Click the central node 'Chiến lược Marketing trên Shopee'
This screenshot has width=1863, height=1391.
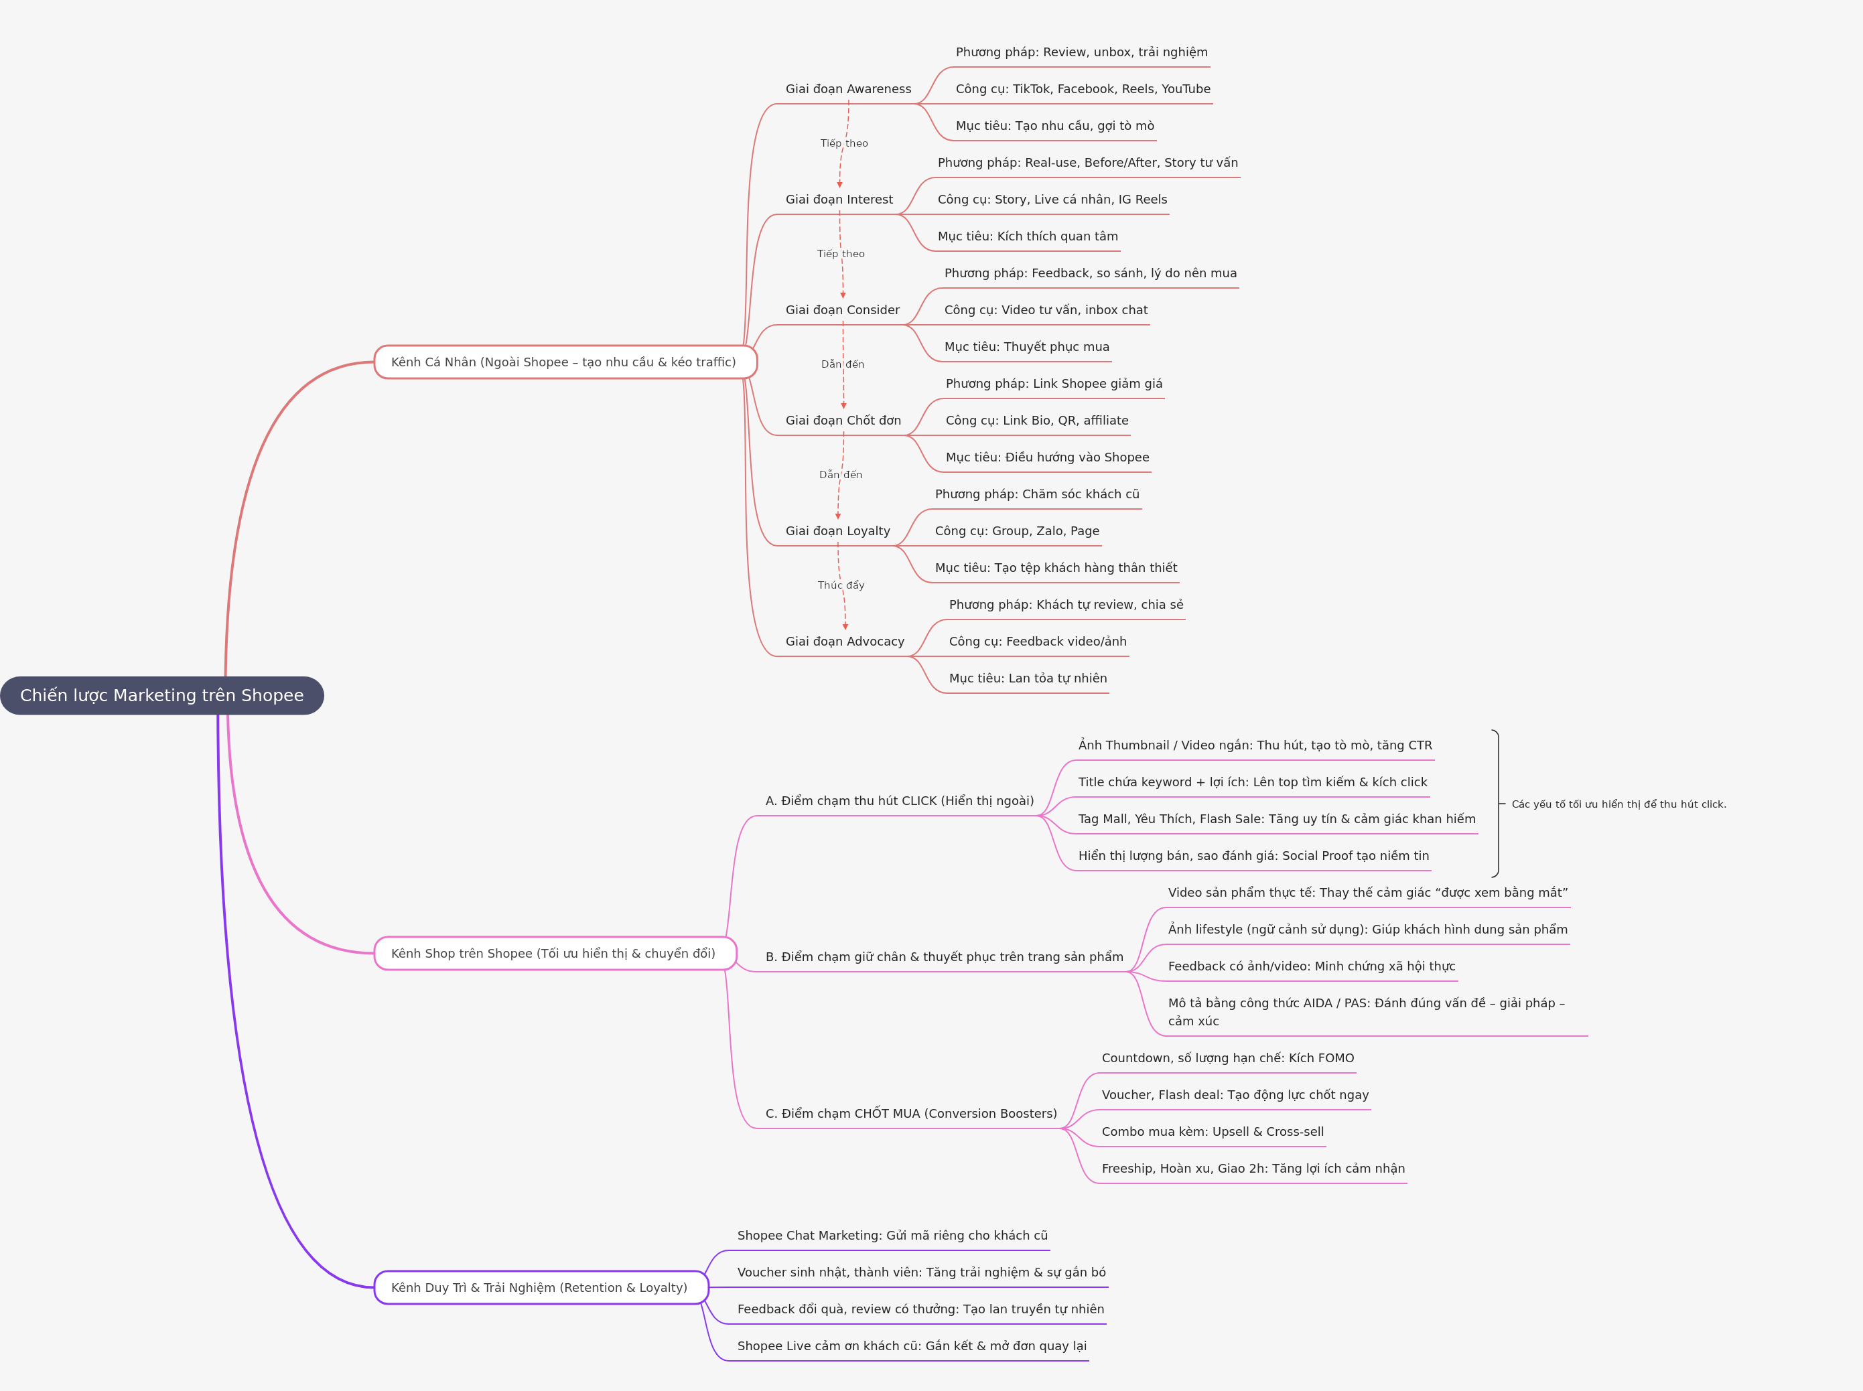point(161,695)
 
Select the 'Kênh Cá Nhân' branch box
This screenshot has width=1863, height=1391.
point(564,362)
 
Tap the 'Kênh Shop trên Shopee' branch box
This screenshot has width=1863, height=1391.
point(554,953)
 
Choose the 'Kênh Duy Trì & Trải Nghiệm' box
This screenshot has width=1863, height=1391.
point(540,1287)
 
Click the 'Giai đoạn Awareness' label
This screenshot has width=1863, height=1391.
point(848,89)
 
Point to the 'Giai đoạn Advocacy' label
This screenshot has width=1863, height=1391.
point(845,642)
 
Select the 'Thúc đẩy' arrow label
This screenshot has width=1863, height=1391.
point(841,585)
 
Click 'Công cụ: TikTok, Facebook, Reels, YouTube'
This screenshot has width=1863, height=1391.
point(1083,89)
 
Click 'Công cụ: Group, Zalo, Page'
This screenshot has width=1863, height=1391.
point(1016,531)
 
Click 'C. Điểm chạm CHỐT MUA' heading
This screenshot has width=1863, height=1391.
point(910,1113)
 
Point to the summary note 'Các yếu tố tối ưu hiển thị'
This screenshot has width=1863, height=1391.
point(1618,804)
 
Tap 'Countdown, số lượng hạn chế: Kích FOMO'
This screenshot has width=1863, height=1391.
point(1227,1058)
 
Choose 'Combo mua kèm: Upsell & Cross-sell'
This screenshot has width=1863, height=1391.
point(1212,1132)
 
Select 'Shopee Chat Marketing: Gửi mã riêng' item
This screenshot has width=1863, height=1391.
point(892,1235)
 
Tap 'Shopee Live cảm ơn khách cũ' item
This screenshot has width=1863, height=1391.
point(911,1345)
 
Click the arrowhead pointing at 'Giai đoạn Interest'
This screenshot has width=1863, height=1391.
point(839,184)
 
